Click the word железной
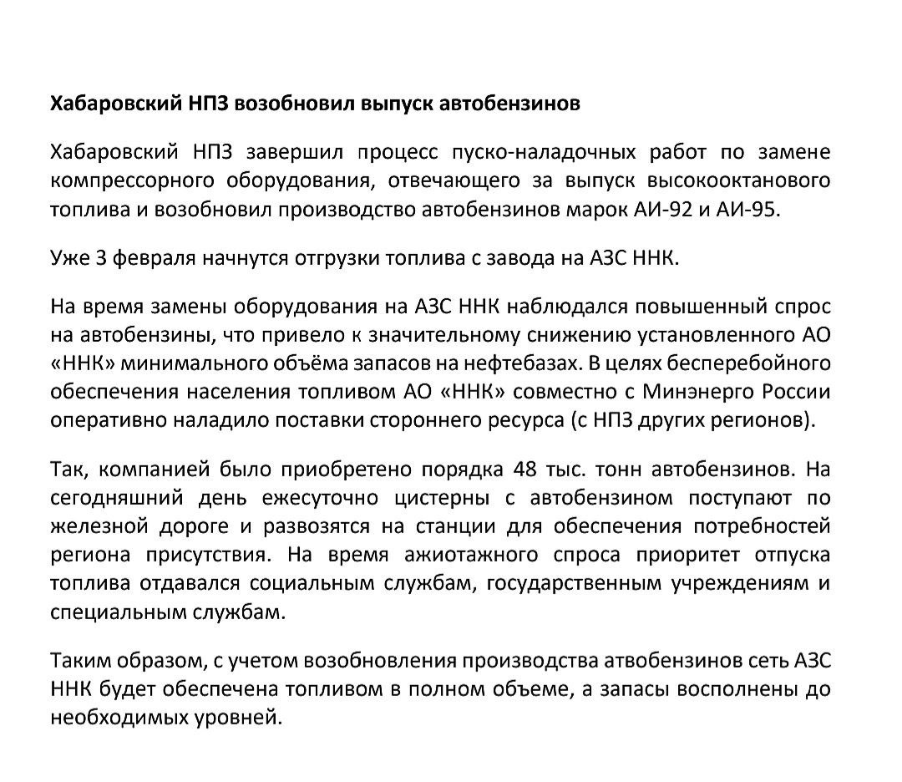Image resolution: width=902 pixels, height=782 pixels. [88, 526]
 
